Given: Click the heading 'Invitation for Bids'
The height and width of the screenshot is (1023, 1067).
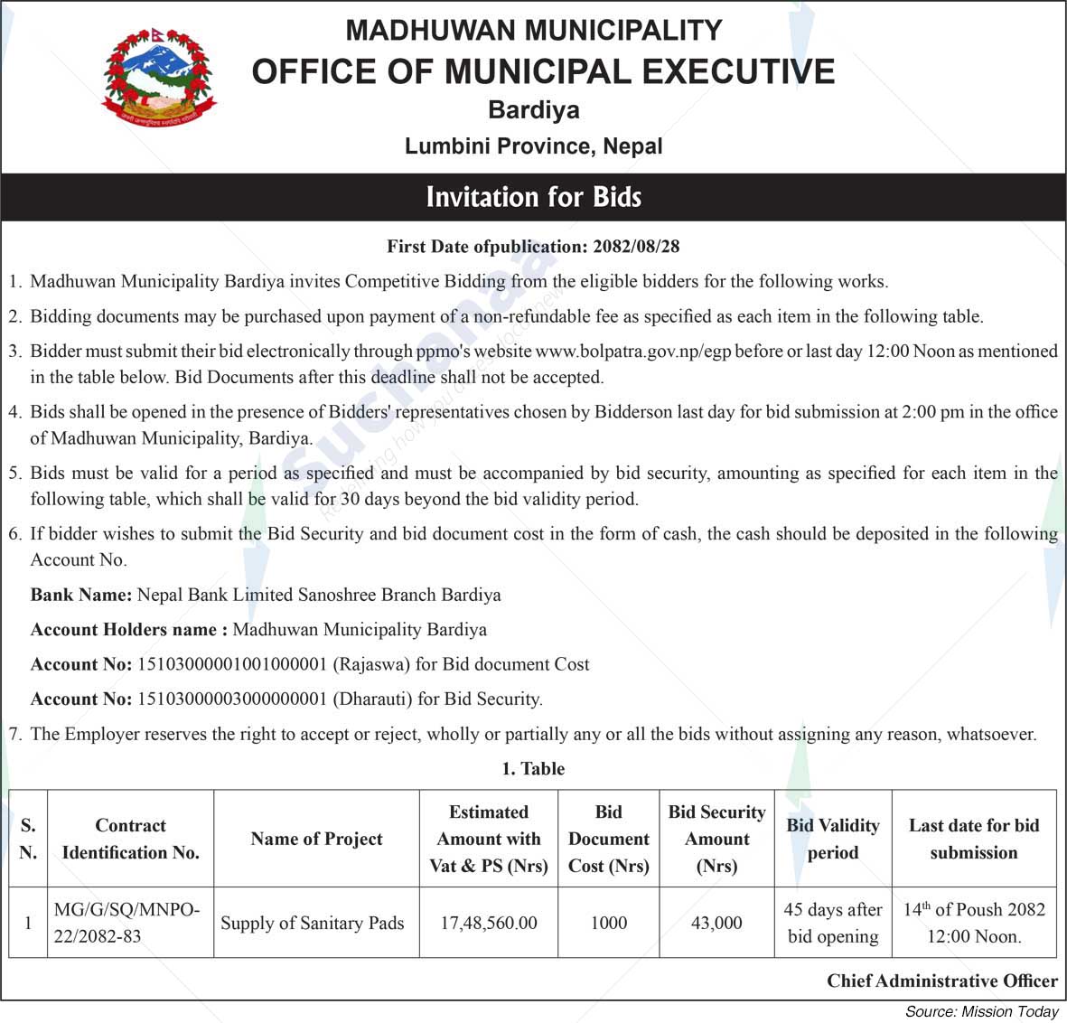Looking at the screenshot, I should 533,197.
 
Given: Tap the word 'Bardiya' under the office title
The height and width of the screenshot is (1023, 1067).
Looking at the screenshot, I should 533,110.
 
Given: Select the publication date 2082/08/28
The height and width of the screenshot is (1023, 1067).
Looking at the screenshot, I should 636,246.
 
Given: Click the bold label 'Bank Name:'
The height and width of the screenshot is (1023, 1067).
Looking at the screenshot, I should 81,595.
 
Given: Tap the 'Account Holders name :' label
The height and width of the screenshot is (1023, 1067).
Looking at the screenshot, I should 129,630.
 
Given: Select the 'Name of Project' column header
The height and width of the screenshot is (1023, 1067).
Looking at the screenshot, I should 316,839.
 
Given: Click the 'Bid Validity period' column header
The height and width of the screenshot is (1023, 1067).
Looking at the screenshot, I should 832,839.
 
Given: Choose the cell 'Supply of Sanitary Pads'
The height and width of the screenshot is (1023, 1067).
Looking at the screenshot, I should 312,923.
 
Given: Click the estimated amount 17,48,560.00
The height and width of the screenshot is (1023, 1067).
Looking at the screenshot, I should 489,923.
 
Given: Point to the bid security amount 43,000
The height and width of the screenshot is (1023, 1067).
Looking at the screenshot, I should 716,923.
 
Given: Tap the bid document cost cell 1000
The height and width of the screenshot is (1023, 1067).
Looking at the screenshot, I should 608,923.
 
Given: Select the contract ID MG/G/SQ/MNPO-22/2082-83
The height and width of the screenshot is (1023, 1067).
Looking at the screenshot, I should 127,923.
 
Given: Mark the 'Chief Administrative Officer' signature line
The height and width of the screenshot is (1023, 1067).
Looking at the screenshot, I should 941,981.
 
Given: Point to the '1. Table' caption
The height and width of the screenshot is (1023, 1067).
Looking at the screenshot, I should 533,768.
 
